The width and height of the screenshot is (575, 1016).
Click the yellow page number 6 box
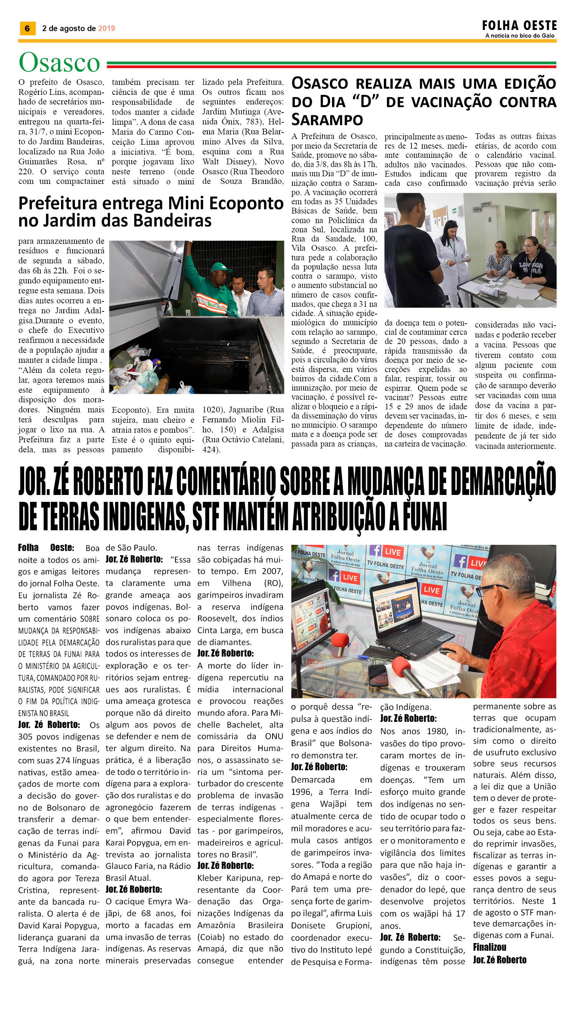27,28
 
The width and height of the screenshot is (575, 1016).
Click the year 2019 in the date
107,28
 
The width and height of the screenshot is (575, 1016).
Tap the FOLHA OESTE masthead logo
519,26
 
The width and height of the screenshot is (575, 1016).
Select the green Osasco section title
59,63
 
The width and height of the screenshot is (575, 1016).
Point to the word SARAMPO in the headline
327,119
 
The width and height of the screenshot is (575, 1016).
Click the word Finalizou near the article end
489,947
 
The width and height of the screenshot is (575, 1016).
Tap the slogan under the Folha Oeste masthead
520,36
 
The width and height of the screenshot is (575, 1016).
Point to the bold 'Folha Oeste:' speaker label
46,548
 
